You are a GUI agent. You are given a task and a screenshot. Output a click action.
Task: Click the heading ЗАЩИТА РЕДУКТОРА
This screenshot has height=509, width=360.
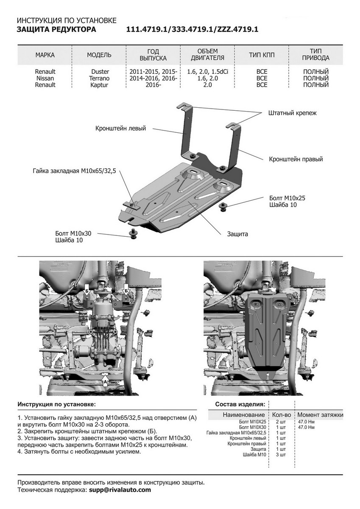click(x=56, y=29)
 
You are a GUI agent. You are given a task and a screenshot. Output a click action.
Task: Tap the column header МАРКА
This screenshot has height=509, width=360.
click(x=45, y=55)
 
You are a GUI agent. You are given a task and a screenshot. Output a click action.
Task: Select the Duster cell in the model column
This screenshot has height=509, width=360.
click(x=100, y=72)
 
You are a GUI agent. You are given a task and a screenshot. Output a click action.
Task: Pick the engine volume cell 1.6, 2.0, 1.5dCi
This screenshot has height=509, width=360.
click(x=207, y=72)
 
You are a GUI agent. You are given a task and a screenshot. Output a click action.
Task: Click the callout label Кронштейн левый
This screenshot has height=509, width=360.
click(x=120, y=128)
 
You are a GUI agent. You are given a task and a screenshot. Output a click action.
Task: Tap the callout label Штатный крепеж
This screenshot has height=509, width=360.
click(x=292, y=113)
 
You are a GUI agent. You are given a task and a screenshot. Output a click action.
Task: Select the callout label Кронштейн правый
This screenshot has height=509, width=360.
click(x=296, y=159)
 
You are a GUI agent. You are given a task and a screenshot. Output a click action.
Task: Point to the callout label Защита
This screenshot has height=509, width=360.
click(x=237, y=234)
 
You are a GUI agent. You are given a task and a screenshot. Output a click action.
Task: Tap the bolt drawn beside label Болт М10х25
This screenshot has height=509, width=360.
click(x=223, y=206)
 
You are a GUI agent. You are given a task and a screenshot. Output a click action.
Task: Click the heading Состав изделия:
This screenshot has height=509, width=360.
click(x=240, y=404)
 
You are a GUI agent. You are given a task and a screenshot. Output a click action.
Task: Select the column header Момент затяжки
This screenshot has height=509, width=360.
click(x=320, y=414)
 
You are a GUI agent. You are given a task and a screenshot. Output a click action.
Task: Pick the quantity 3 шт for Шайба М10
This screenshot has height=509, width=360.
click(x=281, y=454)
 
